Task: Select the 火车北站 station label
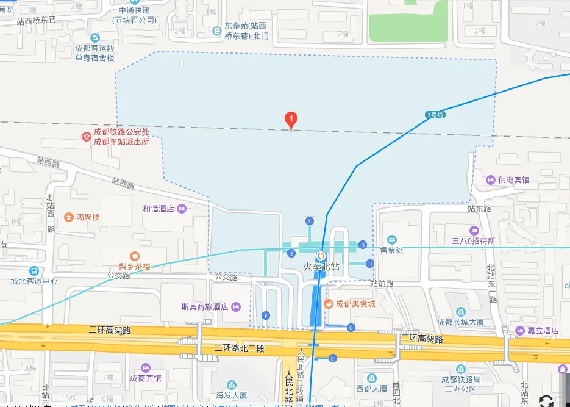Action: point(321,267)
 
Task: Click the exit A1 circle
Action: point(310,220)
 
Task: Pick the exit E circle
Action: point(291,253)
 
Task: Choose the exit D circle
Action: point(363,245)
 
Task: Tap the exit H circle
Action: point(369,263)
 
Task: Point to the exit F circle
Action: point(265,315)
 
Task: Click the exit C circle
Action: point(351,328)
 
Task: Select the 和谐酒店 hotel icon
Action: point(182,209)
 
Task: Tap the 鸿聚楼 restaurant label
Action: point(88,217)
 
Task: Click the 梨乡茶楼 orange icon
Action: point(134,256)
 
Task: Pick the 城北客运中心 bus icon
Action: point(34,271)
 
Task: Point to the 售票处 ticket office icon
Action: point(391,239)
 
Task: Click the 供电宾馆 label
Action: point(513,180)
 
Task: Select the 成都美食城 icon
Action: point(328,303)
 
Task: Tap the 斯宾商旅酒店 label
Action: point(204,307)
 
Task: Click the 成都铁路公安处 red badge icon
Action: point(86,136)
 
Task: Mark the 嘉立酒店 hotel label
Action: point(543,331)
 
